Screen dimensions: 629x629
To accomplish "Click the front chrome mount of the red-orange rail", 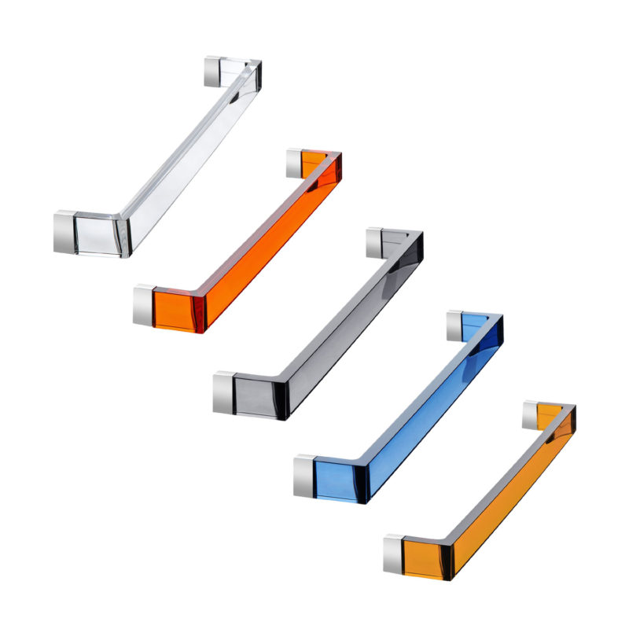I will click(x=143, y=305).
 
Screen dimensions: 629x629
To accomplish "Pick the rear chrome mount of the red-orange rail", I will click(x=294, y=162).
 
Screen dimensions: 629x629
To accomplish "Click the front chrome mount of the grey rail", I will click(x=223, y=392).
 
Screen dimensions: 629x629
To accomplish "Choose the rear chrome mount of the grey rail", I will click(x=374, y=242).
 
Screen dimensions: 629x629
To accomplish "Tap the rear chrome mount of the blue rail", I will click(x=454, y=326).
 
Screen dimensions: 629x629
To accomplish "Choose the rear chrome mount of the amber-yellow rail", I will click(x=530, y=414).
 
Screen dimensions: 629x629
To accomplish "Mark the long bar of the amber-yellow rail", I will click(x=511, y=487).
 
